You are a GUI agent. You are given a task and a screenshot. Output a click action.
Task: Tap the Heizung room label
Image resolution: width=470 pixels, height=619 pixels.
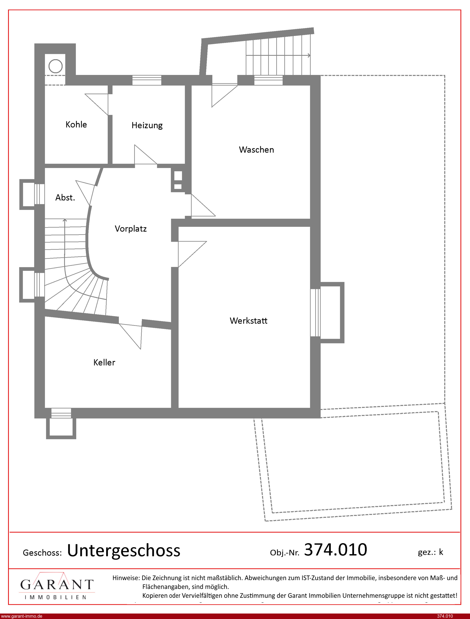coord(147,125)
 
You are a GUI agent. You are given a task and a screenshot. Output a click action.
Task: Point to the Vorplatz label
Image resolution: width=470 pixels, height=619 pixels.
coord(131,229)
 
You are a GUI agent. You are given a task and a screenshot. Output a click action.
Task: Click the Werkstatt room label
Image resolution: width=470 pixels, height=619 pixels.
coord(248,321)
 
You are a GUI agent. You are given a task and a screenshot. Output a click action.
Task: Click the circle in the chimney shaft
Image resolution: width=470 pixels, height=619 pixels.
coord(55,66)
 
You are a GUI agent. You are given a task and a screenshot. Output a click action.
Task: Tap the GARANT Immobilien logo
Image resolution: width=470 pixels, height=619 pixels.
coord(57,585)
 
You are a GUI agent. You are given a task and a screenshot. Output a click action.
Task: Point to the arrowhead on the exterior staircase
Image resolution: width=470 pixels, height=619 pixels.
coord(309,55)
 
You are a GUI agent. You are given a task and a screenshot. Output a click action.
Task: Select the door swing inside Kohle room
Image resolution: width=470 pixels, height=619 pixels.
coord(97,104)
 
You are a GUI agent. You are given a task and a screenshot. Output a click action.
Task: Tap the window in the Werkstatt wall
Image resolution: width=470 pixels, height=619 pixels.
coord(315,312)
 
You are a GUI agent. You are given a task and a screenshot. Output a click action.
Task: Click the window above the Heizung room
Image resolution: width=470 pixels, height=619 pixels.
coord(147,80)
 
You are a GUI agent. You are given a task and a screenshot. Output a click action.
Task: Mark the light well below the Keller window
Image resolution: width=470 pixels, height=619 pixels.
coord(61,428)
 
